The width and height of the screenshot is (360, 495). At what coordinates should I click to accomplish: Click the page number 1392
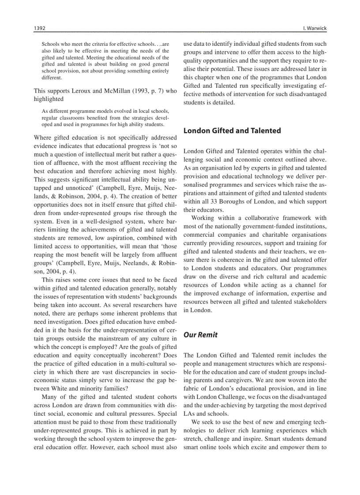tap(40, 28)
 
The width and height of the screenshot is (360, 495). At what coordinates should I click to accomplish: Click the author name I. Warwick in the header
tap(315, 28)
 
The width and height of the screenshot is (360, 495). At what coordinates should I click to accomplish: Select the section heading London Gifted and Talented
tap(232, 130)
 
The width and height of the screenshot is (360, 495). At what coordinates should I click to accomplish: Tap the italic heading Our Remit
tap(200, 335)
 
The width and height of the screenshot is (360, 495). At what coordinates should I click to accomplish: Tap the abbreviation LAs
tap(189, 413)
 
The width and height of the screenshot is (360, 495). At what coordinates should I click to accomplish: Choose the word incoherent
tap(142, 355)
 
